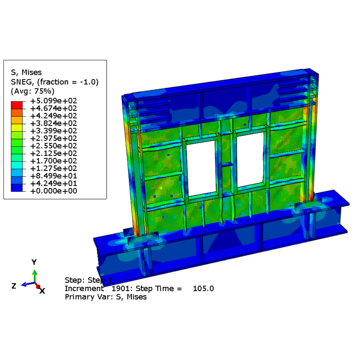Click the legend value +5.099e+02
click(53, 101)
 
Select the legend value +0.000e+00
click(53, 191)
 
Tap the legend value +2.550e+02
click(53, 146)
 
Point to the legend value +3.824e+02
click(53, 123)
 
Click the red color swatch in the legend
click(17, 105)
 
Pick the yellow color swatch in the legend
click(17, 128)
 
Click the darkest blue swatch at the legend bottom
click(17, 188)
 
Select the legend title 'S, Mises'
click(26, 72)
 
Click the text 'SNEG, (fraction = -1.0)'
click(55, 82)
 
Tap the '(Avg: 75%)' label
click(33, 91)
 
